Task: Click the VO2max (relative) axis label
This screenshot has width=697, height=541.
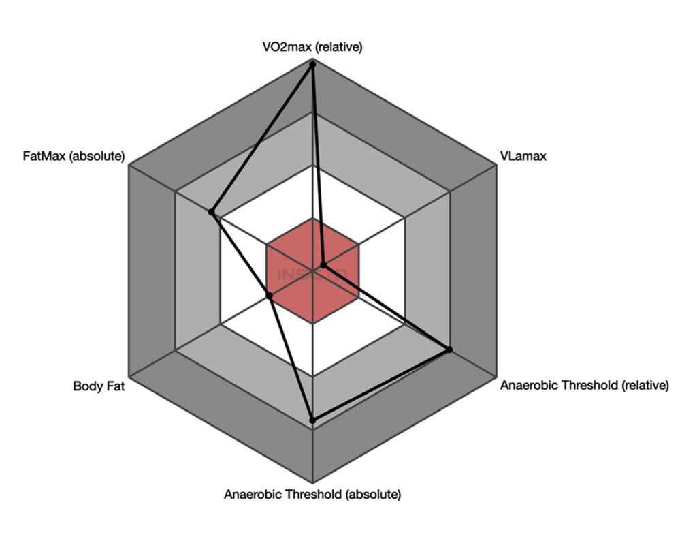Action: (312, 47)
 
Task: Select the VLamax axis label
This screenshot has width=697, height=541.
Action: (523, 157)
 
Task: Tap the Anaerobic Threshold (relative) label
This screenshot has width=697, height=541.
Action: (585, 386)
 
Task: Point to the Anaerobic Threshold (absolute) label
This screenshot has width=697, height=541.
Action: (312, 494)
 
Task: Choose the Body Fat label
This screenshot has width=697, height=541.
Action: (99, 386)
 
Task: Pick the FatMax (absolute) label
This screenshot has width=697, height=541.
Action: (74, 157)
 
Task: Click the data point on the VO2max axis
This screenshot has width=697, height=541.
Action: (312, 63)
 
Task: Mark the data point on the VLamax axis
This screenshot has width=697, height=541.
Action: (323, 264)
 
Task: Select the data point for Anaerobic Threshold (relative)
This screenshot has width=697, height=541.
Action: (449, 350)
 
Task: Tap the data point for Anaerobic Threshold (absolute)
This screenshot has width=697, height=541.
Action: (312, 420)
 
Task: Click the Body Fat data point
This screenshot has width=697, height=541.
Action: (270, 295)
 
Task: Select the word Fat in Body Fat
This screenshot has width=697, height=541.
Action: (114, 386)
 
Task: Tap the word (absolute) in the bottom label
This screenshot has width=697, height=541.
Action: (374, 494)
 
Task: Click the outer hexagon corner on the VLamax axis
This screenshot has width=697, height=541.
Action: (496, 164)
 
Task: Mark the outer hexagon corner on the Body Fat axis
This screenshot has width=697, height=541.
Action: (129, 375)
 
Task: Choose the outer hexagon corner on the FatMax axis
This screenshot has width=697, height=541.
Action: (129, 164)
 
